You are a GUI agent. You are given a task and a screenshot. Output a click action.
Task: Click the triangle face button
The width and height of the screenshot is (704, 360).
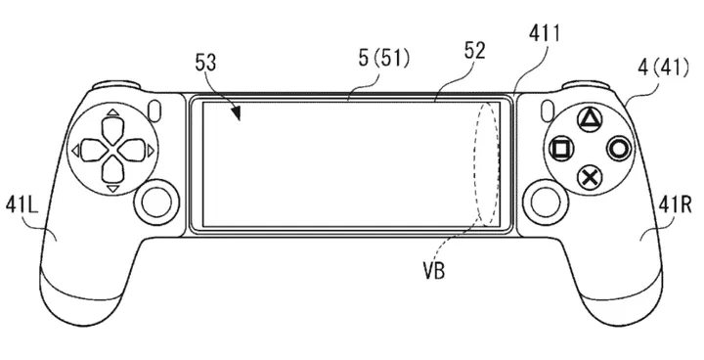tap(588, 119)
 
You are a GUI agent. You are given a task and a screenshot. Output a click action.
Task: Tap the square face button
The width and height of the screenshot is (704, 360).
tap(561, 149)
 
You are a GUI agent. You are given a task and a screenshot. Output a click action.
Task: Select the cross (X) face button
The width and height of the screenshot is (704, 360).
tap(590, 178)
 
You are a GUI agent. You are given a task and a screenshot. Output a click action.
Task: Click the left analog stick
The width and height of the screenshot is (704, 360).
tap(155, 201)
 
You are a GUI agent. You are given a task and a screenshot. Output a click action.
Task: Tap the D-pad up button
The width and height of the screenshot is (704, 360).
tap(113, 130)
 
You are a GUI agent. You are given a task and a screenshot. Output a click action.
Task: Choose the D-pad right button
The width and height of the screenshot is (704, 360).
tap(133, 150)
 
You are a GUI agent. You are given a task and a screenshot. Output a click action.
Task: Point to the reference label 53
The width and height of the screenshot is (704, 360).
tap(205, 63)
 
